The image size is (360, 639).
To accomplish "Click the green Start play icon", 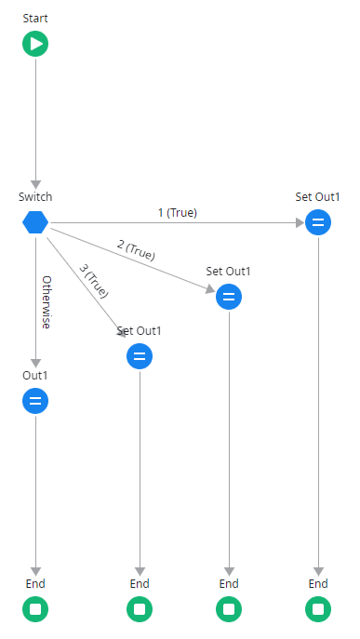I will click(35, 44).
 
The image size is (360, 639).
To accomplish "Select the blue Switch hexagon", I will click(35, 222).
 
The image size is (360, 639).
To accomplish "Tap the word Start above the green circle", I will click(35, 19).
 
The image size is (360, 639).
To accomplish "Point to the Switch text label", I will click(35, 197).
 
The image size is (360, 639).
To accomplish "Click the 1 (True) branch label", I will click(177, 212).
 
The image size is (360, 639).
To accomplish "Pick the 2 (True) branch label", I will click(136, 249).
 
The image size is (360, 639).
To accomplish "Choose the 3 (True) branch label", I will click(94, 280).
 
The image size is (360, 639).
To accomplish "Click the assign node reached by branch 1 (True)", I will click(318, 222).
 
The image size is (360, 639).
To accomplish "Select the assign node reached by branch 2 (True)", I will click(229, 297).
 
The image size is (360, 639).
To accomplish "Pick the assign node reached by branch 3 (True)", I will click(140, 356).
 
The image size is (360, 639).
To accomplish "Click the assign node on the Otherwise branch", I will click(35, 401).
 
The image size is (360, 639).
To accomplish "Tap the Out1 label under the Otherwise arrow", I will click(35, 376).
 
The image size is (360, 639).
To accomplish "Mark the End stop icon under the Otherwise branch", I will click(35, 609).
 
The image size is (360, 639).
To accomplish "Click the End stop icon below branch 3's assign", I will click(140, 609).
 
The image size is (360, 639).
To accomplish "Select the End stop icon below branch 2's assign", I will click(229, 609).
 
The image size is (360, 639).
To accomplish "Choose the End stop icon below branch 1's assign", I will click(318, 609).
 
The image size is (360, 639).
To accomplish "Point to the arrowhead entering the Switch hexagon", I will click(35, 183).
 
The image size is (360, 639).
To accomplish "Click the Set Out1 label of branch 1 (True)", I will click(318, 197).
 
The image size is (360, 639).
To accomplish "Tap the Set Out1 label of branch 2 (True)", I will click(229, 272).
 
